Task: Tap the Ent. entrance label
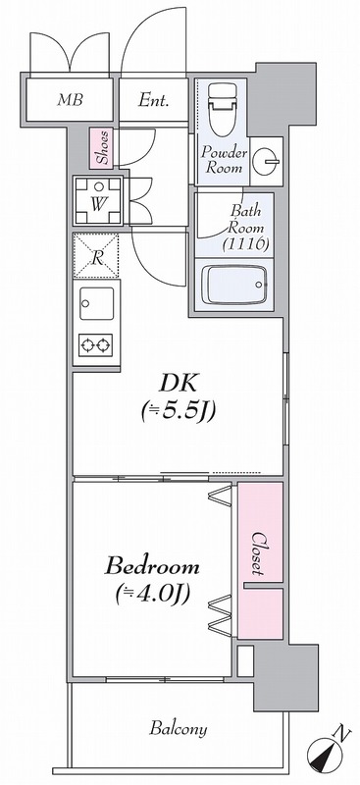(155, 99)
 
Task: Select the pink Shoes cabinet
(102, 148)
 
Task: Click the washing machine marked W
(99, 203)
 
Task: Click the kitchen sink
(96, 304)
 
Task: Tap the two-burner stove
(96, 344)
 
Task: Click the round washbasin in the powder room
(267, 160)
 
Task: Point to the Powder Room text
(223, 160)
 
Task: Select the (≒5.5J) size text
(178, 412)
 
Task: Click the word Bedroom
(153, 567)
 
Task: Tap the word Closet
(260, 551)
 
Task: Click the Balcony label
(179, 729)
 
